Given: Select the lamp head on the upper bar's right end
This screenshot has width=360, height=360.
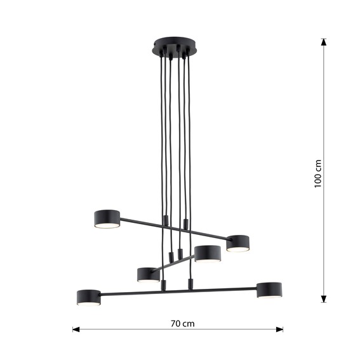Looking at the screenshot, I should point(237,243).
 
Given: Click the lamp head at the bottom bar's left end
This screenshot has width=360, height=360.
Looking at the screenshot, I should point(88,297).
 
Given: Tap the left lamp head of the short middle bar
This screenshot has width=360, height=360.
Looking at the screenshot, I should point(148,274).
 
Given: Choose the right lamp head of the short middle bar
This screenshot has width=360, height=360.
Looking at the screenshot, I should point(207,253).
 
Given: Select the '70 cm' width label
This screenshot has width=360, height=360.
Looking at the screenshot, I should point(183,323).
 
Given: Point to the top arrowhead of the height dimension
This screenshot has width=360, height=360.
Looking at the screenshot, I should point(323,43).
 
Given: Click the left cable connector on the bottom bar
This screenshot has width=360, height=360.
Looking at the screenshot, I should point(164,286).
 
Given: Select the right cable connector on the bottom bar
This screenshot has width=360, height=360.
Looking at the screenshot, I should point(189,284).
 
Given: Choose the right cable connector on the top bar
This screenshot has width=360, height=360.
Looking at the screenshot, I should point(185,223).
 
